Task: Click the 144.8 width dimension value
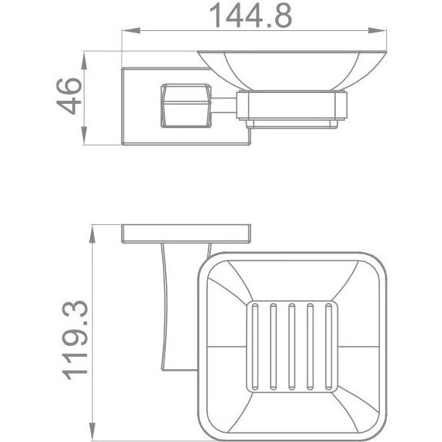coord(250,16)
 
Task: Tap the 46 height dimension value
coord(69,96)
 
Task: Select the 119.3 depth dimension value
coord(74,340)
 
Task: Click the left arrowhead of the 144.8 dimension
coord(131,30)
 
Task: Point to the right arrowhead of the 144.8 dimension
coord(377,30)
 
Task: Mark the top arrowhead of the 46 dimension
coord(84,60)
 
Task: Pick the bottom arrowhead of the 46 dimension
coord(84,136)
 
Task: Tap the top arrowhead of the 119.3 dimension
coord(92,234)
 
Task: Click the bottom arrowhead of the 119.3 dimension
coord(92,432)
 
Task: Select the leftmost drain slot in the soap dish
coord(255,347)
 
